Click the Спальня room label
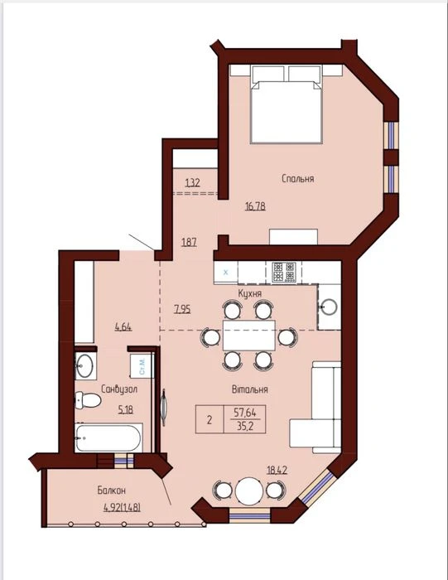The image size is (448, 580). (x=297, y=179)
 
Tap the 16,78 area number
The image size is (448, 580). (x=255, y=206)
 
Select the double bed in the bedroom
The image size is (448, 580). (x=286, y=104)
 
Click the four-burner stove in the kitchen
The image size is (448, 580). (x=284, y=273)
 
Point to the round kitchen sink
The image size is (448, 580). (x=329, y=307)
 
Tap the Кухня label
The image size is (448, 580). (x=250, y=293)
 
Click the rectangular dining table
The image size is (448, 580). (x=248, y=336)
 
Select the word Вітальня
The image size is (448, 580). (x=250, y=389)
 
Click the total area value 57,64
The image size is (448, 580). (x=244, y=412)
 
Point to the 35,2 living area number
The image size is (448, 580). (x=244, y=426)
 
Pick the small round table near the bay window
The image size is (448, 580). (x=249, y=491)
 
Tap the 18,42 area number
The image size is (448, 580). (x=277, y=471)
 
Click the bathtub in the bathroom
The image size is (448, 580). (x=108, y=437)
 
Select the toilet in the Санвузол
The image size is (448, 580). (x=88, y=400)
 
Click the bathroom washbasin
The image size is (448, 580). (x=85, y=365)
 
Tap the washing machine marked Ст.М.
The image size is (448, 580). (x=142, y=366)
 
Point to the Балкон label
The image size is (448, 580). (x=111, y=491)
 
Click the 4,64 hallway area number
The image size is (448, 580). (x=123, y=327)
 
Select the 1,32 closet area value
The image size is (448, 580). (x=193, y=183)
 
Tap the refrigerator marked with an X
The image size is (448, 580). (x=226, y=273)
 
